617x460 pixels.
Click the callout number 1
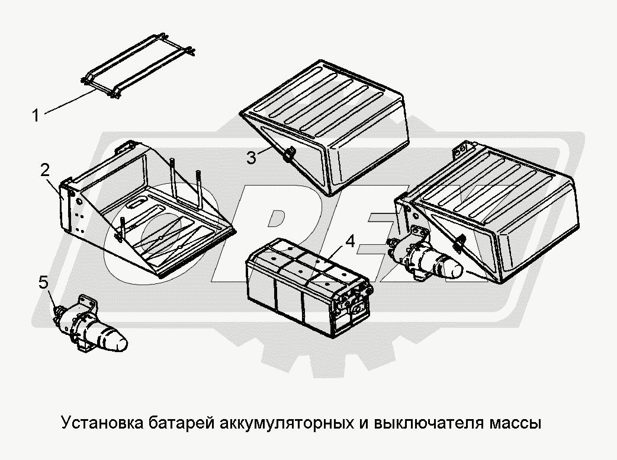click(x=36, y=114)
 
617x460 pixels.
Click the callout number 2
click(x=45, y=171)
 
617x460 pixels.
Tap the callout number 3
click(x=252, y=157)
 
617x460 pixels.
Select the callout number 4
click(x=351, y=242)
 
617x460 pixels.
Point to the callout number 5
click(x=44, y=283)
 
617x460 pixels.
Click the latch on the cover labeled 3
click(x=288, y=155)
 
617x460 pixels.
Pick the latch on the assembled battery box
click(x=459, y=242)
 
